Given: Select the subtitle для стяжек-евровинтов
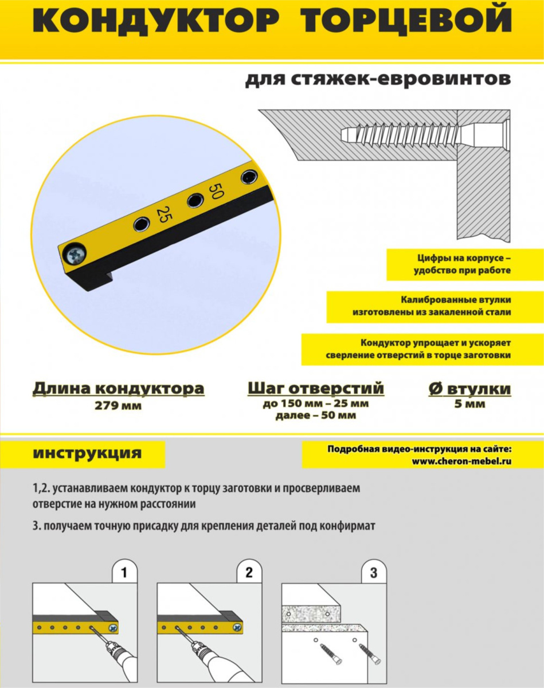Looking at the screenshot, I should (377, 80).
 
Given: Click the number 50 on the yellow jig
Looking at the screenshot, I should (216, 191).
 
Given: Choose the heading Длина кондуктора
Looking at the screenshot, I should (118, 389).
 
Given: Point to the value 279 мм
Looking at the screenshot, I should (118, 406).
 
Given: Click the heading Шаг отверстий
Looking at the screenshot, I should (316, 389).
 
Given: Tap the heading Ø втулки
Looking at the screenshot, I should (469, 389).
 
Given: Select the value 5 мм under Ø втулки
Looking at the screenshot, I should (469, 404).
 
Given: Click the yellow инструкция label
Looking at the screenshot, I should (87, 453).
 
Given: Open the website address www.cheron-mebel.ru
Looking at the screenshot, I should (461, 460).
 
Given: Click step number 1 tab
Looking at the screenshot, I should (125, 572).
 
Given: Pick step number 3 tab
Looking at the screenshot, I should (374, 572).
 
